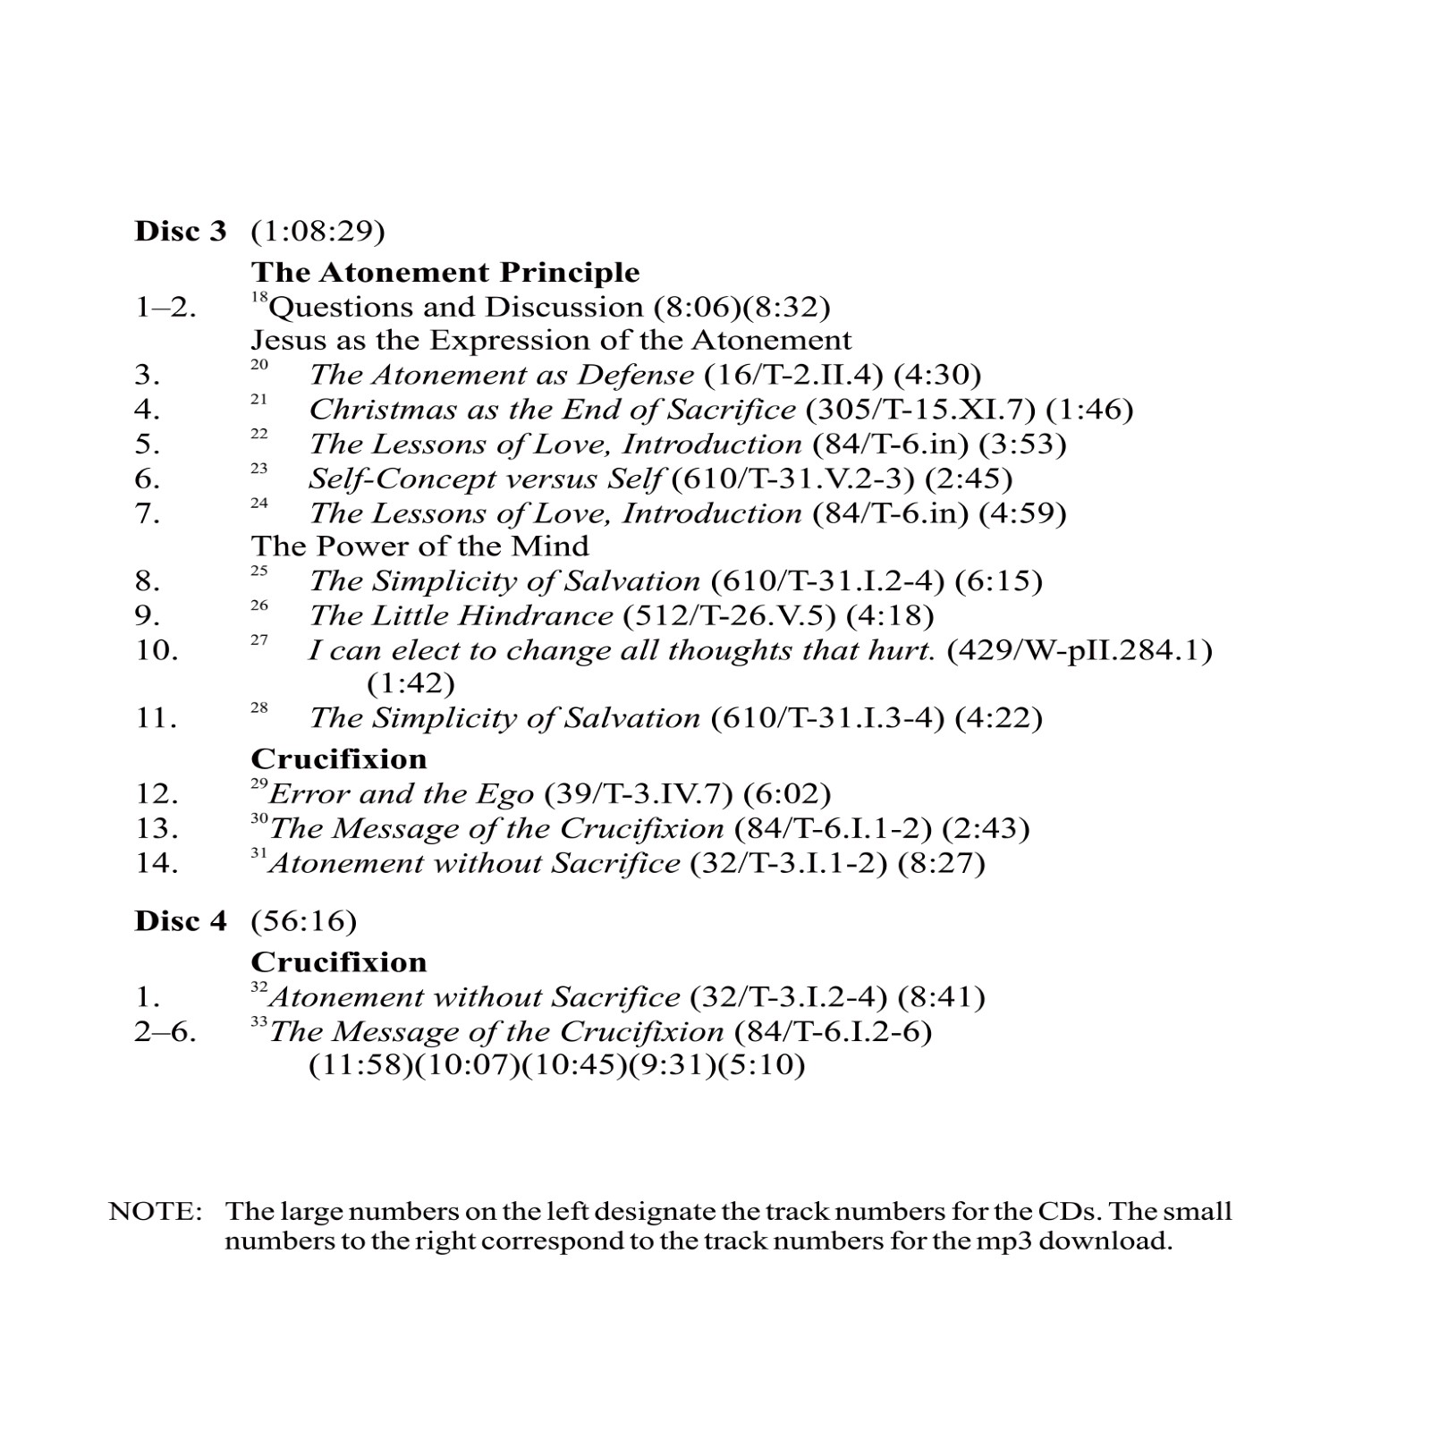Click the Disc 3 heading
point(181,231)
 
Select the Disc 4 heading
point(181,920)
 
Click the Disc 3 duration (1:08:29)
point(318,232)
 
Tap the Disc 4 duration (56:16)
point(303,921)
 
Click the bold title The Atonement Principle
point(445,272)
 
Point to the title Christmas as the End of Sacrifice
point(552,410)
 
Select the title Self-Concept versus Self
point(485,479)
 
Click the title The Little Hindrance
point(461,616)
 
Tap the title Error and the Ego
point(401,794)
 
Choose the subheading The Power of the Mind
point(419,546)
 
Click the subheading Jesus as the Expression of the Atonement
point(551,341)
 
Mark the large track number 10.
point(157,650)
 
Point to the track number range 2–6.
point(165,1032)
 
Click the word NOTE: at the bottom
point(156,1212)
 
